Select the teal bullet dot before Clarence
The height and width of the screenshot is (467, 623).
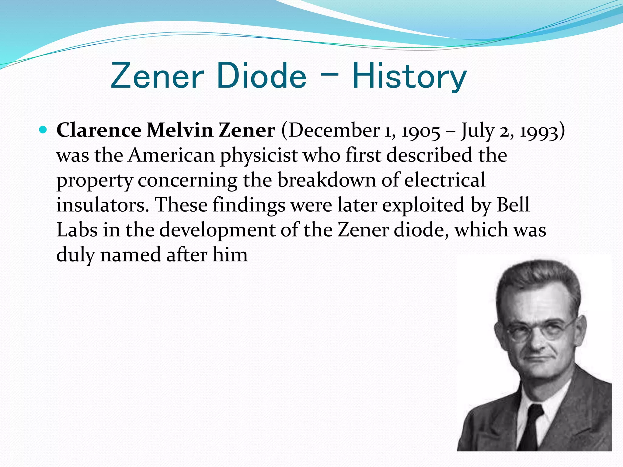pos(43,130)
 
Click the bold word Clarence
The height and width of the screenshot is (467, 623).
pos(99,130)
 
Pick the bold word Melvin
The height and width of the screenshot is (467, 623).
pos(180,130)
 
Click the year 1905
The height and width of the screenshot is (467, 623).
pos(421,131)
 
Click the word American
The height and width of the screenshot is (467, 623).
pos(172,155)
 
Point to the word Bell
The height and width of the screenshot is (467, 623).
pos(513,205)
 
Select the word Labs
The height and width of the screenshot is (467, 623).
pos(77,230)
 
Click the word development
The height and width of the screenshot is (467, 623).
pos(217,230)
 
